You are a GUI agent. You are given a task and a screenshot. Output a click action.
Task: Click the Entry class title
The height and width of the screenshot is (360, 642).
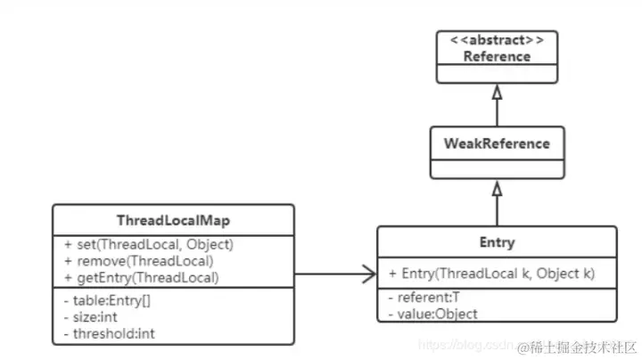(497, 242)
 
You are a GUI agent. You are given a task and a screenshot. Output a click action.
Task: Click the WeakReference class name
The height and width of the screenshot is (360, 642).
(497, 143)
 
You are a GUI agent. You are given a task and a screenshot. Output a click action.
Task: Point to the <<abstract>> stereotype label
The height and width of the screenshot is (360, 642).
(497, 41)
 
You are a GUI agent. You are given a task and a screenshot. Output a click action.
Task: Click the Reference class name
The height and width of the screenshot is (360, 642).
(497, 56)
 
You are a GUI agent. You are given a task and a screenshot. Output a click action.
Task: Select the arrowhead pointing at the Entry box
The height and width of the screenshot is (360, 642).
(366, 274)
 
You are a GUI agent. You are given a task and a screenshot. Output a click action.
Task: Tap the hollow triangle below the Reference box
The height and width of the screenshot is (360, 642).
(497, 92)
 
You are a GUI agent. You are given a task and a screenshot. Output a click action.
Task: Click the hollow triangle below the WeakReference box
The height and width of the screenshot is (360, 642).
(497, 189)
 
